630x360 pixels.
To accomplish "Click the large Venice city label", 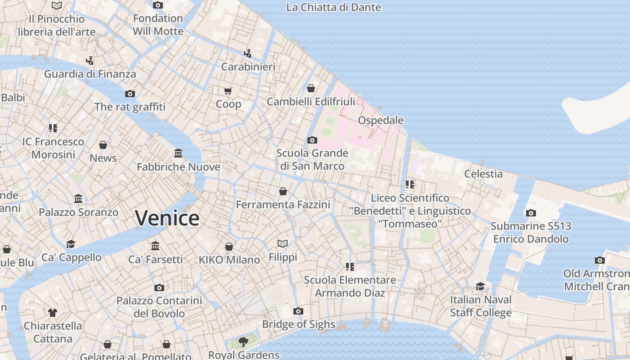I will point(167,218).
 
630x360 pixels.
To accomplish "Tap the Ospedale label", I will point(381,121).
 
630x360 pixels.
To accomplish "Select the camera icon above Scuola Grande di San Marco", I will point(312,140).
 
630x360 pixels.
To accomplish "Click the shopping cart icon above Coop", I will point(228,91).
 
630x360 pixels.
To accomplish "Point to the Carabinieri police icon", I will point(247,54).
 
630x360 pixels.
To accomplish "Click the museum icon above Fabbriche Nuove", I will point(178,154).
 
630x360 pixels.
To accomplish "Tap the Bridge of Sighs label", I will point(298,324).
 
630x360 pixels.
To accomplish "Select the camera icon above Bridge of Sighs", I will point(298,311).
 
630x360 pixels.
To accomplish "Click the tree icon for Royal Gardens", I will point(243,342).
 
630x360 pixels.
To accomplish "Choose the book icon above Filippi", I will point(283,244).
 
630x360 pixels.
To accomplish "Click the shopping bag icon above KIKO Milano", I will point(229,247).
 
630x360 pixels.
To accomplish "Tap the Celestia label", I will point(483,174).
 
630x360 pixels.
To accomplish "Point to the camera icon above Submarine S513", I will point(531,213).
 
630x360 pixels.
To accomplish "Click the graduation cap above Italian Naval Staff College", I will point(481,287).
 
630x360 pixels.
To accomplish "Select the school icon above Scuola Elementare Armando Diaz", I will point(350,267).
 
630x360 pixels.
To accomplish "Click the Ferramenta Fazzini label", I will point(283,205).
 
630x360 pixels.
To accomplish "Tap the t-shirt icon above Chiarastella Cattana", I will point(53,312).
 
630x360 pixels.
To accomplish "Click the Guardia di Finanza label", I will point(90,74).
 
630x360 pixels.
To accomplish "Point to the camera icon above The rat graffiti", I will point(130,94).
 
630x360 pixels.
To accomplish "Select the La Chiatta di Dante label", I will point(333,8).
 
